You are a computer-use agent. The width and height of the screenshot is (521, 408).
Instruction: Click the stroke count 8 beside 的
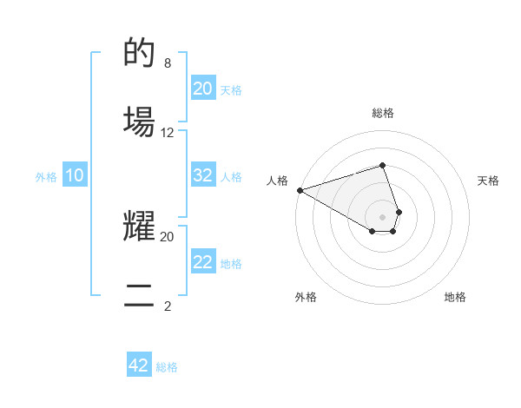[x=168, y=63]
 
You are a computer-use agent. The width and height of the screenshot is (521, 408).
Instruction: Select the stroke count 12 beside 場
[x=168, y=133]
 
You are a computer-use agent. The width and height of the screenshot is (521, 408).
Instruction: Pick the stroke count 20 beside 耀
[x=168, y=236]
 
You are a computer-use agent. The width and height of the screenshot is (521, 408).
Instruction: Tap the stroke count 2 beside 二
[x=168, y=306]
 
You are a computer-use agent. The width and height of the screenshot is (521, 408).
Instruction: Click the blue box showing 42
[x=139, y=365]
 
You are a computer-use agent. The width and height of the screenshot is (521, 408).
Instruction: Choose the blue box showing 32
[x=203, y=175]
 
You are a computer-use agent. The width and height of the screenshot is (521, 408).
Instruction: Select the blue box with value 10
[x=75, y=175]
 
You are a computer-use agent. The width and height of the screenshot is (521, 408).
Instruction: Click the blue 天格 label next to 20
[x=230, y=89]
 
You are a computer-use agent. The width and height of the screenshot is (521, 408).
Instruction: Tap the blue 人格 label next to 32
[x=231, y=176]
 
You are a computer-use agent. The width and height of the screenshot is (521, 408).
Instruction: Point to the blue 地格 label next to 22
[x=231, y=263]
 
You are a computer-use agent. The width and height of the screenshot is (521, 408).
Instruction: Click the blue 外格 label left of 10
[x=46, y=176]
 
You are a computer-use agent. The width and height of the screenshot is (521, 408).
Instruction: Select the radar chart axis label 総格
[x=382, y=113]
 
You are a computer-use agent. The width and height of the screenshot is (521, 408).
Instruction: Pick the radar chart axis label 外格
[x=306, y=297]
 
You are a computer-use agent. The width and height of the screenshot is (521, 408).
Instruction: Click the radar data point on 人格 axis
[x=300, y=189]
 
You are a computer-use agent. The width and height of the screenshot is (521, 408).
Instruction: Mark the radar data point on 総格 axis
[x=382, y=165]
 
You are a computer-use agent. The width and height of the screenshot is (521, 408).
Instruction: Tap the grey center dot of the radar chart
[x=382, y=217]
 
